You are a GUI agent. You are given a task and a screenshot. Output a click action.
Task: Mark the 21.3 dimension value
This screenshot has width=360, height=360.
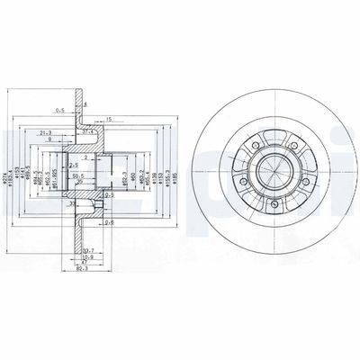coord(45,132)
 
